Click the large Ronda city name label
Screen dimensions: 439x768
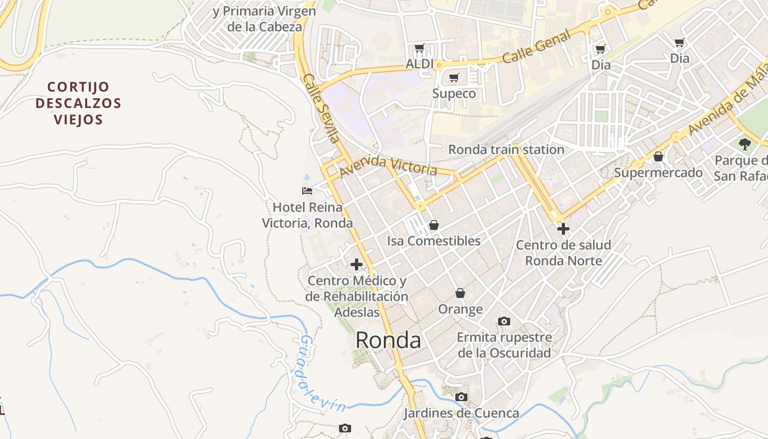tap(388, 341)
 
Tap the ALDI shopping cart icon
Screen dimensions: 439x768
tap(420, 48)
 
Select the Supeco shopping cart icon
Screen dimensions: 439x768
tap(454, 77)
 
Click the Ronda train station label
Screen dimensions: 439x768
tap(506, 149)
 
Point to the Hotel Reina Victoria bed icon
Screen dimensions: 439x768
tap(307, 191)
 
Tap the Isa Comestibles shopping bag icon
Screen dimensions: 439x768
tap(433, 225)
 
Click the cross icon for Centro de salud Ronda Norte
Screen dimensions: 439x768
tap(563, 229)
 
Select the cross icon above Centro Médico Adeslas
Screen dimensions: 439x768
tap(357, 264)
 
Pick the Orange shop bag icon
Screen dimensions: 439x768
tap(460, 294)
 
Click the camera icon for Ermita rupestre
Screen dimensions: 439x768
tap(504, 321)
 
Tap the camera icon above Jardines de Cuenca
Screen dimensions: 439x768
tap(461, 397)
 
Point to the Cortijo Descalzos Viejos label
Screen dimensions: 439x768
tap(78, 103)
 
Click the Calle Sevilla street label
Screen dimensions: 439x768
tap(321, 108)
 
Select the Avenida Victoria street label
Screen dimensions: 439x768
tap(388, 166)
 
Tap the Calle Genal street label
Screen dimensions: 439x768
tap(537, 47)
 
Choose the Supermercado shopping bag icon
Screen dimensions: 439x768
tap(658, 157)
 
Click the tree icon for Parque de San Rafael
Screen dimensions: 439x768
tap(744, 144)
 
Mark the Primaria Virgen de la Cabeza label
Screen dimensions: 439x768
tap(264, 19)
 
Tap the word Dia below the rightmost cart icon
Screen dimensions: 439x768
tap(680, 58)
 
